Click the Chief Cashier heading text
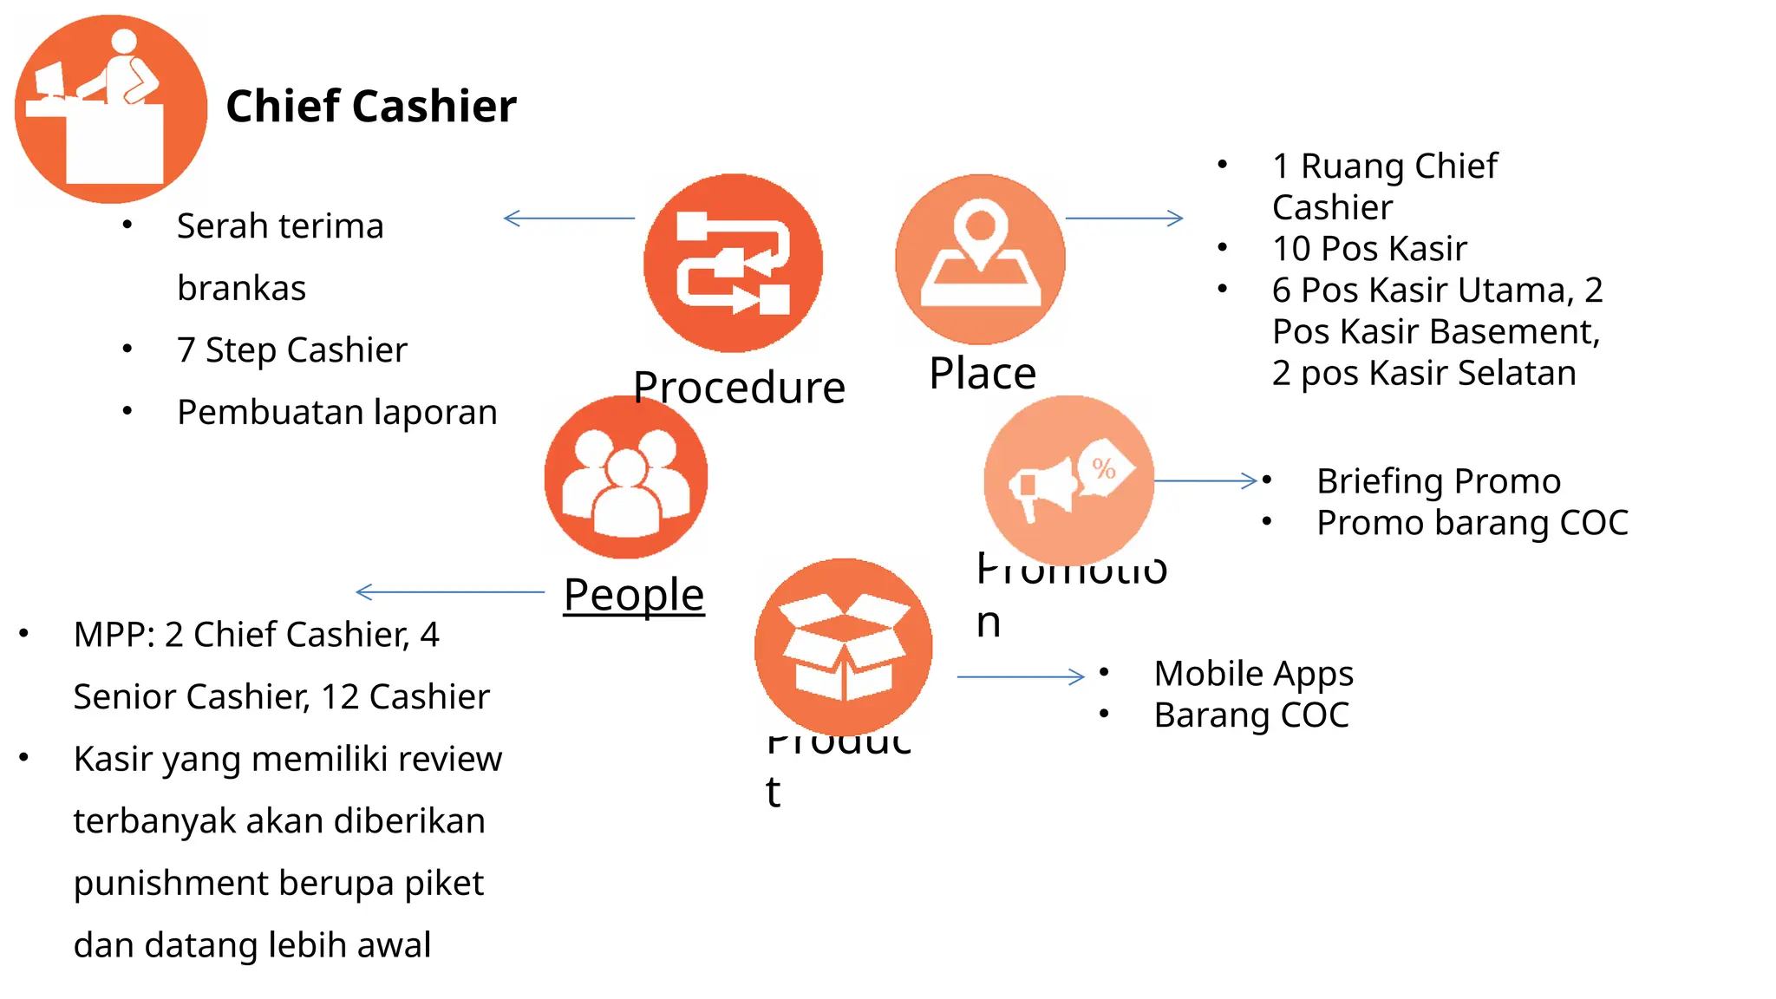tap(370, 107)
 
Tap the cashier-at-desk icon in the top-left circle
tap(111, 109)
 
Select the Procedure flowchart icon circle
tap(733, 263)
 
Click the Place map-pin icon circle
tap(980, 259)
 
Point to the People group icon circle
tap(625, 477)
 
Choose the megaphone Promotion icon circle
tap(1068, 480)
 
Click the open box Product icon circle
tap(843, 647)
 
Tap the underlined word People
tap(634, 595)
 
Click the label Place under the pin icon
tap(983, 374)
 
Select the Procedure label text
tap(739, 388)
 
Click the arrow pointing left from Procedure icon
tap(569, 219)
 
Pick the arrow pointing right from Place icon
tap(1124, 219)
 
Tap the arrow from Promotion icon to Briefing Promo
tap(1205, 480)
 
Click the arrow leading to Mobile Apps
tap(1021, 676)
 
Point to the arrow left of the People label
tap(450, 592)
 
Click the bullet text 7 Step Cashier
tap(291, 350)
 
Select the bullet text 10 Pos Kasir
tap(1369, 249)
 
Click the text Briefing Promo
tap(1438, 481)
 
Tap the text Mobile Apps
tap(1253, 674)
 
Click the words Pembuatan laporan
tap(336, 413)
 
